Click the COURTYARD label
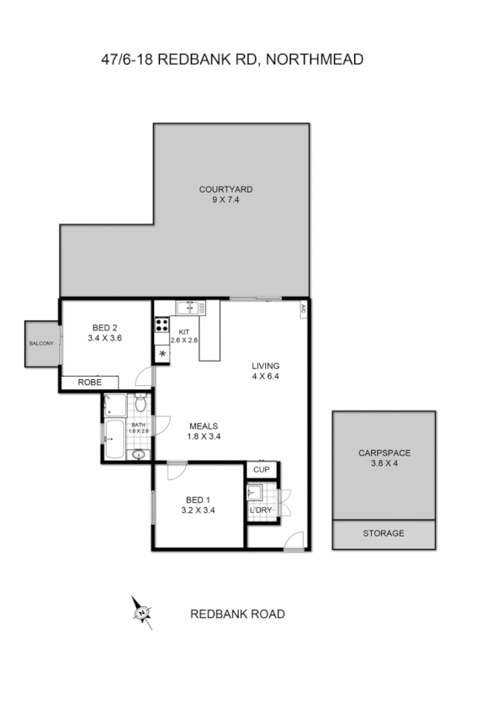tap(225, 189)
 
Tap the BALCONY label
tap(41, 344)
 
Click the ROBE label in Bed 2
tap(90, 382)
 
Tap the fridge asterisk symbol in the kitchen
tap(162, 354)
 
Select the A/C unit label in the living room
tap(302, 309)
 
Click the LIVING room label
tap(265, 366)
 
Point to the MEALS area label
tap(204, 425)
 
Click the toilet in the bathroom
tap(141, 406)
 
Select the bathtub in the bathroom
tap(114, 435)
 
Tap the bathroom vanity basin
tap(139, 455)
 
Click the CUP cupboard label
tap(261, 469)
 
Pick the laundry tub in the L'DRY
tap(257, 493)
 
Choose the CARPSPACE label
tap(384, 452)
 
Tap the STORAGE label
tap(384, 533)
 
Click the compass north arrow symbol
tap(141, 611)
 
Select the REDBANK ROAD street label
tap(237, 614)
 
